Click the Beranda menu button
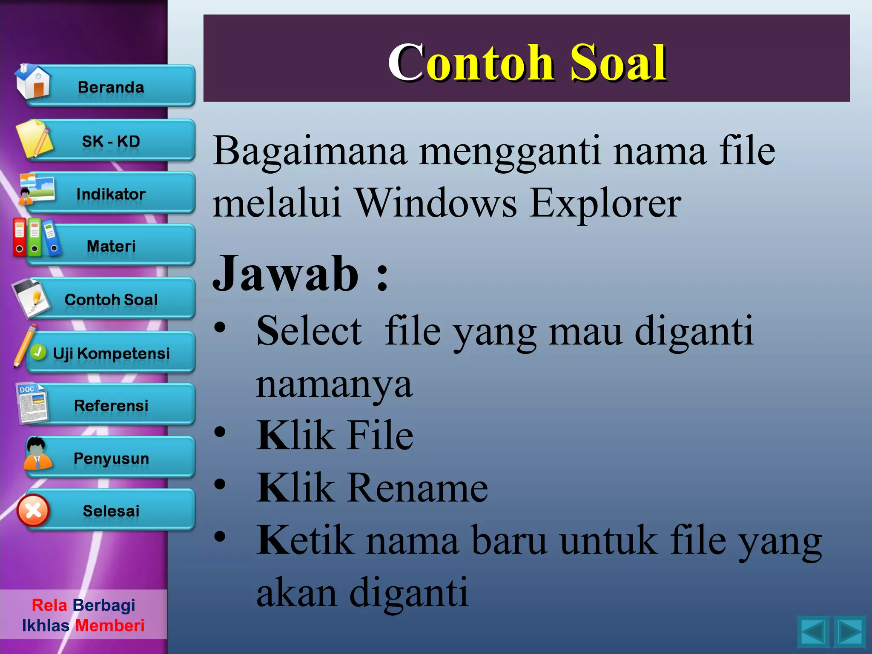coord(111,87)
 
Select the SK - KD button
coord(111,141)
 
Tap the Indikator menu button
coord(111,194)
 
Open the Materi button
coord(111,246)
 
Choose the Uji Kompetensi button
coord(111,353)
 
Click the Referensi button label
coord(111,405)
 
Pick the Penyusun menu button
coord(111,458)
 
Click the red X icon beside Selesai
coord(33,510)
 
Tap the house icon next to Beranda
coord(33,82)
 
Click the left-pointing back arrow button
coord(813,631)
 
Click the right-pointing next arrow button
coord(850,631)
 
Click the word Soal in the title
coord(618,63)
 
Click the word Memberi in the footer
coord(110,625)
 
